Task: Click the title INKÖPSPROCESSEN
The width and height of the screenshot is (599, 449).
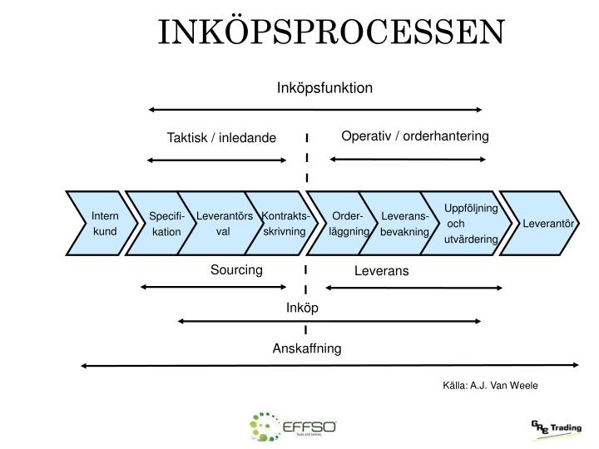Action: click(331, 32)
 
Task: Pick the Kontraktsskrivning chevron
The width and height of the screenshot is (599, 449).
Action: click(283, 224)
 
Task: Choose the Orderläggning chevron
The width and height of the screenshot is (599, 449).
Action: click(348, 224)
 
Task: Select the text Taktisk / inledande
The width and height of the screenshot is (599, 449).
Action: click(221, 138)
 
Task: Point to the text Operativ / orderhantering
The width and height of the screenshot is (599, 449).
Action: click(415, 136)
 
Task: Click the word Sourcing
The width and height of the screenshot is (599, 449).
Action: click(236, 269)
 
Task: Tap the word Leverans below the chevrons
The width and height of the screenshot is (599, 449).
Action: click(382, 271)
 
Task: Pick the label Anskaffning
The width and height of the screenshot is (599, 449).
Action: click(307, 348)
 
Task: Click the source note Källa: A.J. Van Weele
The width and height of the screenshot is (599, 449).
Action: click(490, 385)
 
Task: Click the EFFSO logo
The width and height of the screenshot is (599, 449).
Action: click(293, 427)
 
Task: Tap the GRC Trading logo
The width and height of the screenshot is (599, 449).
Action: click(556, 427)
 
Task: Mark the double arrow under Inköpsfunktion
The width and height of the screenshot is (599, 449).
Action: click(315, 109)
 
